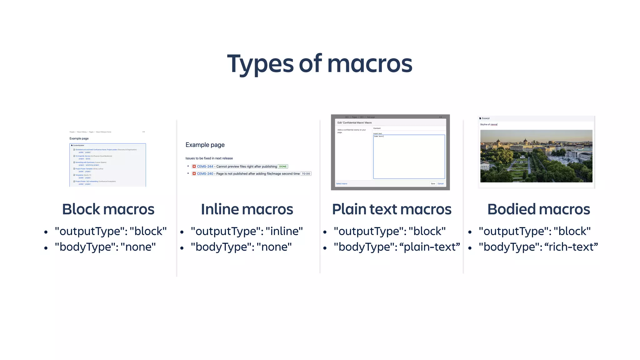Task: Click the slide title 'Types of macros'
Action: click(320, 64)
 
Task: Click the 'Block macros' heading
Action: click(108, 209)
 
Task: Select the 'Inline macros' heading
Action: click(247, 209)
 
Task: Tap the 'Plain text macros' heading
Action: click(392, 209)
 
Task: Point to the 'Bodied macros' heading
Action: click(538, 209)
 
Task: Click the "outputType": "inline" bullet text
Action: click(247, 231)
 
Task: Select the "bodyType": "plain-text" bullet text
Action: click(397, 247)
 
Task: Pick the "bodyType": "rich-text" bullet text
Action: click(538, 247)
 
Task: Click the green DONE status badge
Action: click(283, 167)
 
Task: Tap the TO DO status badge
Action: click(306, 174)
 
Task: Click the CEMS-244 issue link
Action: click(205, 167)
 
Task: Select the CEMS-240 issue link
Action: click(205, 174)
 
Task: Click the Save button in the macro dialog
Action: click(433, 184)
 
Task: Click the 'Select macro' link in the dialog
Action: click(342, 184)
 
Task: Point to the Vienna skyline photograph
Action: click(536, 156)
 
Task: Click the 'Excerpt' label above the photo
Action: click(486, 118)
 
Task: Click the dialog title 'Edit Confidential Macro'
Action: click(354, 123)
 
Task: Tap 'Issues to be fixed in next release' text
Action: click(209, 158)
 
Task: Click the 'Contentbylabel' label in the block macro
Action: click(78, 145)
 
